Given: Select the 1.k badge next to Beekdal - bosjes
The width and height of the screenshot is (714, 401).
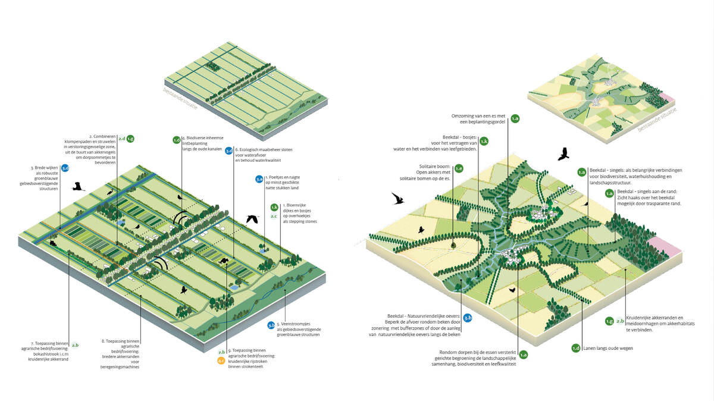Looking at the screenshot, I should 484,141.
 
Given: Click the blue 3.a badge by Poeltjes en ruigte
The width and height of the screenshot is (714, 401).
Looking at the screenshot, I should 259,178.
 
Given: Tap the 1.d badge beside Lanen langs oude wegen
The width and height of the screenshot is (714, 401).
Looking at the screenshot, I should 575,348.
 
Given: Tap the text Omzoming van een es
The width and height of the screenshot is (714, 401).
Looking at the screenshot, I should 471,115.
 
